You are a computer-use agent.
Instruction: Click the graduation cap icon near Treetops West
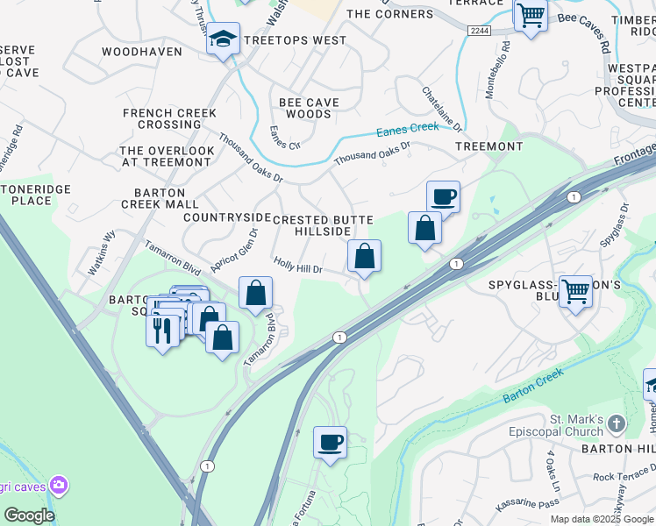[x=224, y=39]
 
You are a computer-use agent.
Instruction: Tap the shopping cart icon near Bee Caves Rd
[x=531, y=14]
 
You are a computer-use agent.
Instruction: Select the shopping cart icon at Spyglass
[x=575, y=291]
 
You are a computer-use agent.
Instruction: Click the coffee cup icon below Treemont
[x=443, y=197]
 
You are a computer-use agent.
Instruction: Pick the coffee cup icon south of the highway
[x=330, y=442]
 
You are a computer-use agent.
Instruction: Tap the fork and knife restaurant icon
[x=162, y=330]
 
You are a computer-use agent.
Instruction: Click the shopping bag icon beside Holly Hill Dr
[x=364, y=256]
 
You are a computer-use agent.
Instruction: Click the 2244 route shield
[x=479, y=30]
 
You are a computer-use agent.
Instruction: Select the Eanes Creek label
[x=407, y=131]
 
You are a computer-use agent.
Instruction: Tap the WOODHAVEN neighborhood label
[x=142, y=52]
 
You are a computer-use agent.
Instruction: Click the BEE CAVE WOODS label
[x=310, y=108]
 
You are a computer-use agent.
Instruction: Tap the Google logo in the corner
[x=29, y=515]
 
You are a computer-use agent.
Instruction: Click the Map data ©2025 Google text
[x=602, y=519]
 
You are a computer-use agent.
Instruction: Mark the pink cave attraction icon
[x=59, y=483]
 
